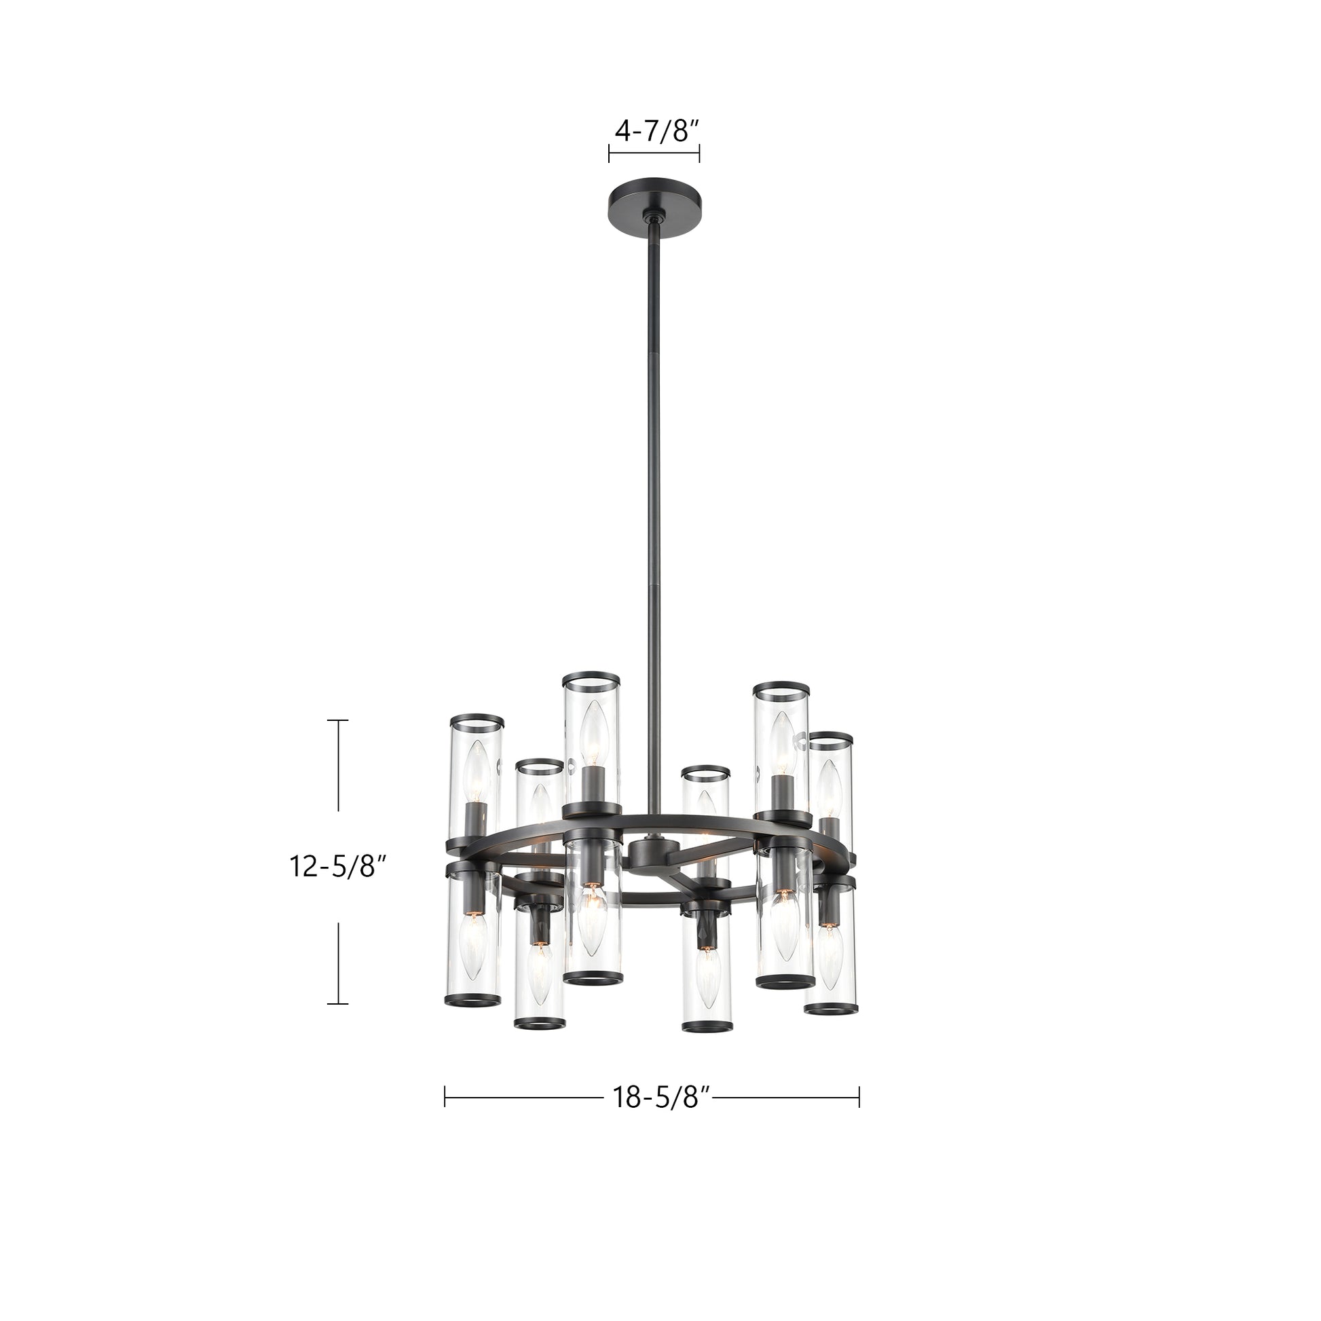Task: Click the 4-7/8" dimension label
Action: [x=654, y=130]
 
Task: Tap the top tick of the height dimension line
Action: [x=338, y=721]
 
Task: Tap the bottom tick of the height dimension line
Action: [x=338, y=1004]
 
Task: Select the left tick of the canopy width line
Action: [x=609, y=153]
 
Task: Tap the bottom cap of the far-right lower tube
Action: [x=830, y=1009]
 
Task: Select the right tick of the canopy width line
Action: [x=699, y=153]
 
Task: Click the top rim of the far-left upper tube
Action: [x=477, y=722]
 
